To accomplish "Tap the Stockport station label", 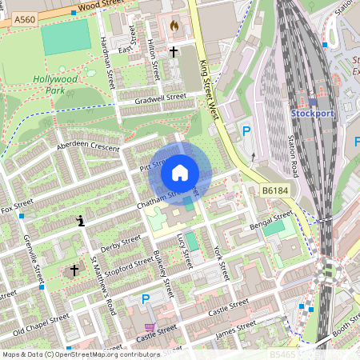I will pyautogui.click(x=312, y=114).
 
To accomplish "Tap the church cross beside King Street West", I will pyautogui.click(x=173, y=51).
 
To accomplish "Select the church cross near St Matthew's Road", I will pyautogui.click(x=75, y=270).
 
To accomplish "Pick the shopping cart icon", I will pyautogui.click(x=149, y=327).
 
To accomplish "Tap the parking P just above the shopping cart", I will pyautogui.click(x=146, y=298).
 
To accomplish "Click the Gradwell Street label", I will pyautogui.click(x=160, y=98).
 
